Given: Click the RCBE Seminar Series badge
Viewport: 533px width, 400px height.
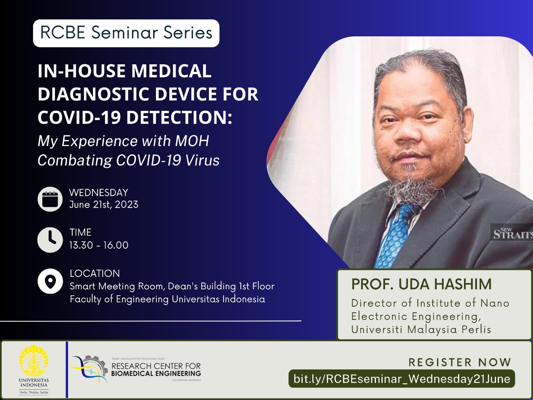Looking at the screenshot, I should [126, 33].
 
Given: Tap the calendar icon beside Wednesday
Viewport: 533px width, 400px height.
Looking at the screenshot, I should [50, 199].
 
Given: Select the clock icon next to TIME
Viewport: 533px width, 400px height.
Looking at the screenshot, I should [50, 240].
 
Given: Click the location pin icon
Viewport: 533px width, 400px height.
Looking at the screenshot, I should [50, 281].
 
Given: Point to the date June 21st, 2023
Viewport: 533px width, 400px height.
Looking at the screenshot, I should [104, 205].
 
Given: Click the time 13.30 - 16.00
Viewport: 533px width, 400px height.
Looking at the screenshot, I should [99, 245].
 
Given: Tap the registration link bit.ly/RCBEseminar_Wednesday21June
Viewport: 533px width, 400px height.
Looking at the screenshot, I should [402, 379].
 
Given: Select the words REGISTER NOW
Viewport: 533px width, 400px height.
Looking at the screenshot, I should [460, 362].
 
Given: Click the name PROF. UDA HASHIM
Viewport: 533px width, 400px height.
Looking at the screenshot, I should [421, 284].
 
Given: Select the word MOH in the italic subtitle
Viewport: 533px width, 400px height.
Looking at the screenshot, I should [192, 141].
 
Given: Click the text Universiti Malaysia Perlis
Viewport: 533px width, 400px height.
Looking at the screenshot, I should [421, 329].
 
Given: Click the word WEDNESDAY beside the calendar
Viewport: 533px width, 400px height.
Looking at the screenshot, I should [99, 192].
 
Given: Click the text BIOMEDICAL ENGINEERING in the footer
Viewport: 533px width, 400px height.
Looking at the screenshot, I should [156, 374].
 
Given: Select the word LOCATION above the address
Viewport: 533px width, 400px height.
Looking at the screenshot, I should [95, 273].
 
